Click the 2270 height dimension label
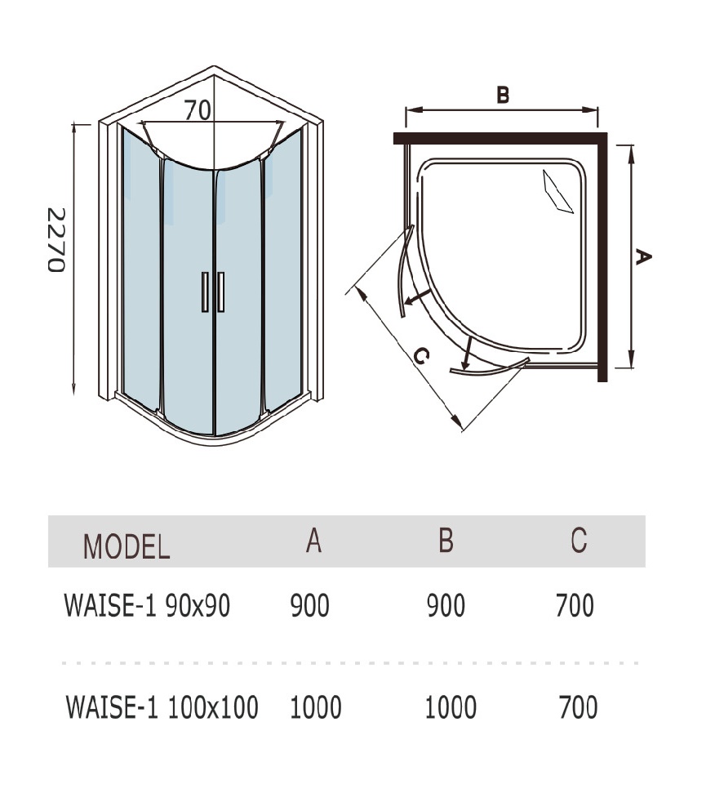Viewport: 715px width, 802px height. tap(56, 241)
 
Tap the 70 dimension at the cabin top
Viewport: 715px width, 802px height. tap(198, 109)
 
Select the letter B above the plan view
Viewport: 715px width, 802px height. tap(503, 95)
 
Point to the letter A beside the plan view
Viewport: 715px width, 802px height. tap(643, 257)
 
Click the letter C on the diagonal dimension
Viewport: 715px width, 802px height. tap(420, 356)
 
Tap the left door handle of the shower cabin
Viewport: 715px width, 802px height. tap(205, 292)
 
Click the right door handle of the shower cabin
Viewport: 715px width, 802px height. tap(220, 292)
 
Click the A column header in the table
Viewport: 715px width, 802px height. tap(313, 541)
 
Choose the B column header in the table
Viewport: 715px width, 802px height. tap(445, 541)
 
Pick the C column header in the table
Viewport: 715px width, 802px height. tap(578, 541)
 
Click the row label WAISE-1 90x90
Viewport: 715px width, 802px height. tap(147, 606)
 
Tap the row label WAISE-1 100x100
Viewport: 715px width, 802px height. tap(162, 706)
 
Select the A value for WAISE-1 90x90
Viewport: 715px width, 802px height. tap(310, 606)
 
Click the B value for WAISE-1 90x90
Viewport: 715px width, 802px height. tap(446, 606)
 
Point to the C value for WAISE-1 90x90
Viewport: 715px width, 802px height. tap(575, 606)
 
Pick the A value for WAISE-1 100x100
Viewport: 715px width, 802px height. tap(315, 706)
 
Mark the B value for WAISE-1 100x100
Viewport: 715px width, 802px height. tap(451, 706)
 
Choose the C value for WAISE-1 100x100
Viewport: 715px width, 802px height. tap(578, 706)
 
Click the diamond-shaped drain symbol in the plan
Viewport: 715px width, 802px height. tap(559, 191)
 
